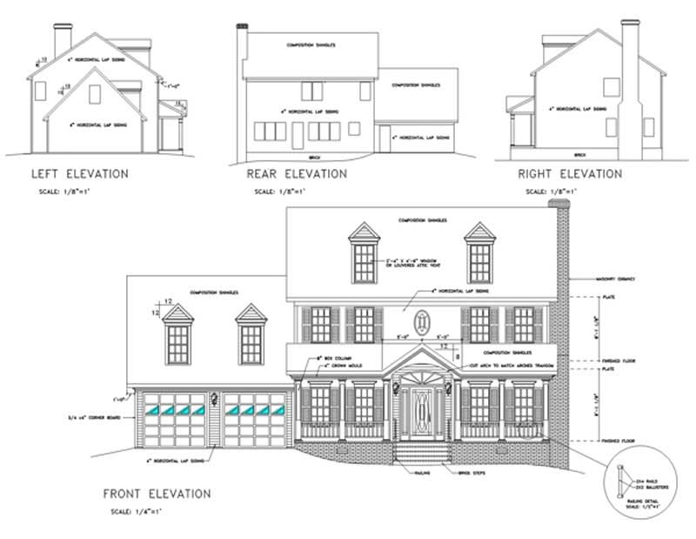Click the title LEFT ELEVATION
pyautogui.click(x=79, y=174)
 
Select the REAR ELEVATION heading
pyautogui.click(x=298, y=174)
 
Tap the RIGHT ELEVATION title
pyautogui.click(x=570, y=174)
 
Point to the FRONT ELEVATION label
pyautogui.click(x=157, y=494)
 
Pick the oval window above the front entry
pyautogui.click(x=423, y=322)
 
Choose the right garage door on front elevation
pyautogui.click(x=255, y=420)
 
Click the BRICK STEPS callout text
pyautogui.click(x=467, y=471)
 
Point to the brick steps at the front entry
pyautogui.click(x=423, y=453)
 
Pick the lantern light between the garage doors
pyautogui.click(x=214, y=400)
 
